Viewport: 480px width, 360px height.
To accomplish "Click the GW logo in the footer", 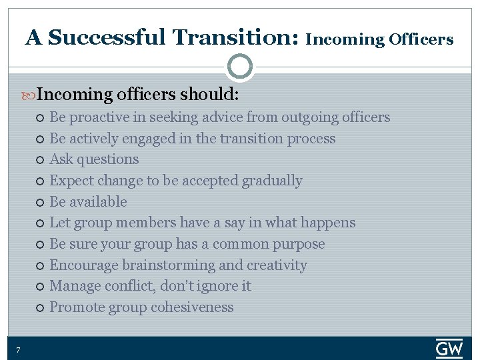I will pos(449,348).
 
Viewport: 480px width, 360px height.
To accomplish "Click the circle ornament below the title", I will pos(239,67).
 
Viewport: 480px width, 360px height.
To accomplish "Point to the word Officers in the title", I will pos(421,39).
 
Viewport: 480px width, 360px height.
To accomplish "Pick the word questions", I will pos(108,160).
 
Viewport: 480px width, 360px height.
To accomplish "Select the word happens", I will pos(328,223).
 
